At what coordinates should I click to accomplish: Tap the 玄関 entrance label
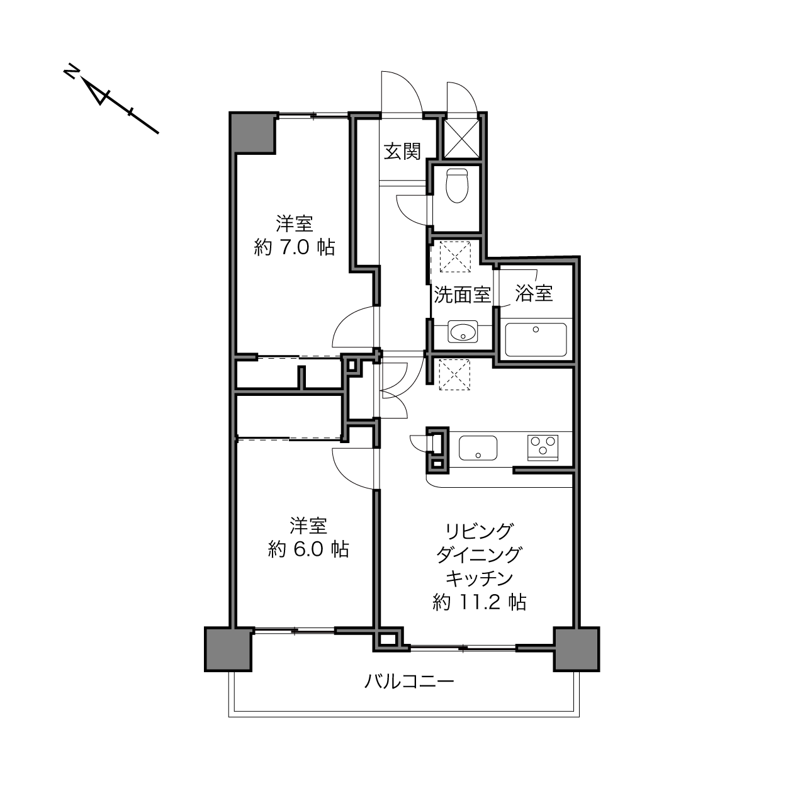pyautogui.click(x=402, y=152)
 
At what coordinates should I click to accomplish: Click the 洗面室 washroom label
pyautogui.click(x=462, y=295)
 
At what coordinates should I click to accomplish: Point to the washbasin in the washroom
pyautogui.click(x=463, y=332)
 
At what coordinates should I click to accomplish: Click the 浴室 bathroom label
pyautogui.click(x=534, y=293)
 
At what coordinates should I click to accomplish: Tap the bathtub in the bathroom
pyautogui.click(x=535, y=339)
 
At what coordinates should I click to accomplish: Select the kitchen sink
pyautogui.click(x=478, y=448)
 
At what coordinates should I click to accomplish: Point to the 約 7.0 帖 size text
pyautogui.click(x=294, y=247)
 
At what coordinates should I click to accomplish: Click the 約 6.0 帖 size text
pyautogui.click(x=308, y=549)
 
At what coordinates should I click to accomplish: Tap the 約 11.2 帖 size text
pyautogui.click(x=480, y=603)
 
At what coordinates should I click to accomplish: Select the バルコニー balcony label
pyautogui.click(x=409, y=682)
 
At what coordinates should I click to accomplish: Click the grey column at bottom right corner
pyautogui.click(x=576, y=649)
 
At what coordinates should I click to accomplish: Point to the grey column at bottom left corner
pyautogui.click(x=228, y=649)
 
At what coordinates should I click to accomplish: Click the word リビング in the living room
pyautogui.click(x=479, y=531)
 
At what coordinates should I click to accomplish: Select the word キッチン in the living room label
pyautogui.click(x=480, y=578)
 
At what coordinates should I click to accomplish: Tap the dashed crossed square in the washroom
pyautogui.click(x=449, y=257)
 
